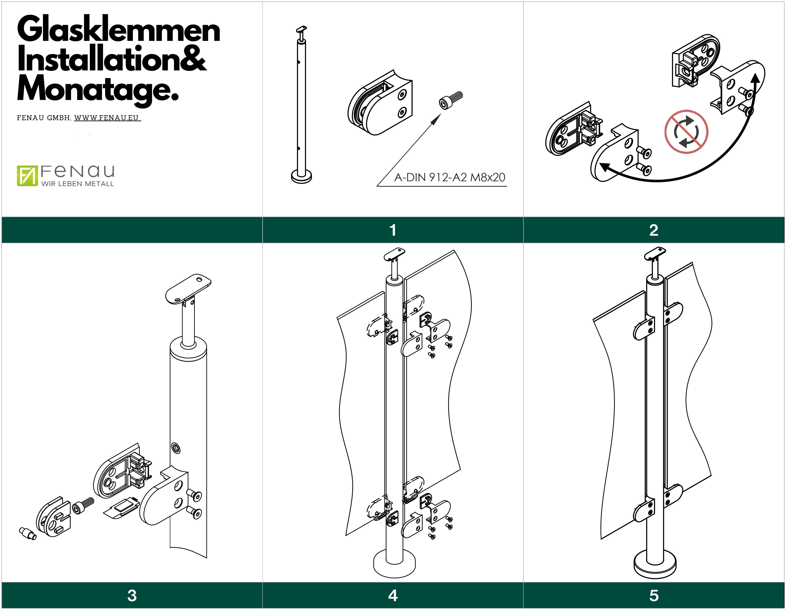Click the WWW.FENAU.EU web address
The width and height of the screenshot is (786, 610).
point(107,118)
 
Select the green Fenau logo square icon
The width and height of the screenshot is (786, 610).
point(27,176)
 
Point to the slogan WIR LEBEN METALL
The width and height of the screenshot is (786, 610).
point(77,184)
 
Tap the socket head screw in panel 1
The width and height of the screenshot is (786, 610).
point(451,100)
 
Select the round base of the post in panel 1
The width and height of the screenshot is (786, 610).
point(301,177)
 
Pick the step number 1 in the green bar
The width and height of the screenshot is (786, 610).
point(393,230)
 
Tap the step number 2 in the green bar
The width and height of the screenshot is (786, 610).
point(654,230)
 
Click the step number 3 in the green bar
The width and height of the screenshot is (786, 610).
point(132,596)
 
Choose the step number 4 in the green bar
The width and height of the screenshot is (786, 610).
point(393,596)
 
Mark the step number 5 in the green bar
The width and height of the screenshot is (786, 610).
point(654,596)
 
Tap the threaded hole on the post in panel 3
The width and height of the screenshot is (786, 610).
point(176,448)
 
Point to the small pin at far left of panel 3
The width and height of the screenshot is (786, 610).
point(27,534)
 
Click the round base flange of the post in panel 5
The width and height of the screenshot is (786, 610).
point(655,568)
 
